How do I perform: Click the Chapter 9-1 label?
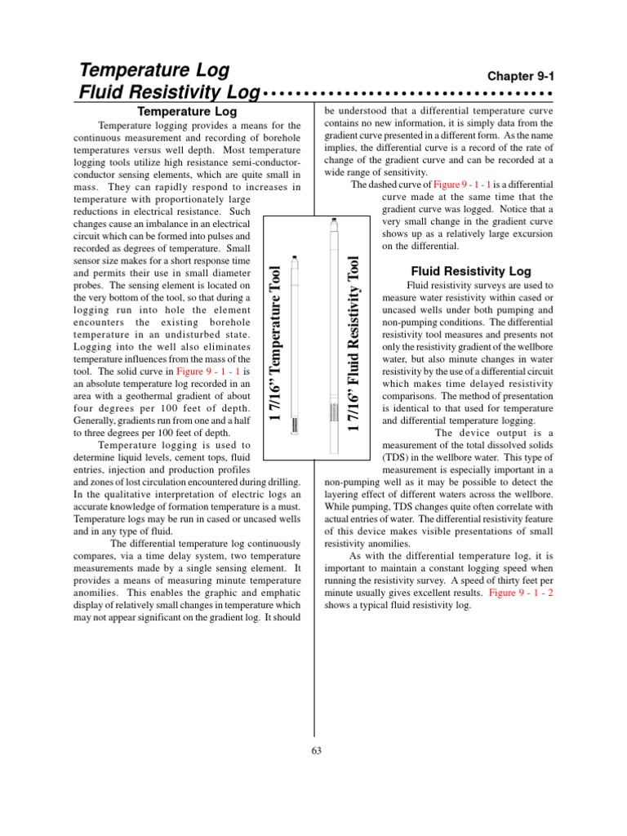520,75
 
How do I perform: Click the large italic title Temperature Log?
154,70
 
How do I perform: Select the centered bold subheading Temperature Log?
187,110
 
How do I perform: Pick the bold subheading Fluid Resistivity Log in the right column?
470,270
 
